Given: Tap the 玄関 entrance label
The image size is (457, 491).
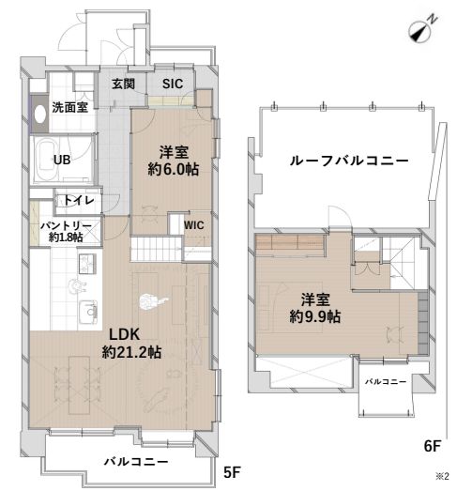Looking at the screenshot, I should (123, 84).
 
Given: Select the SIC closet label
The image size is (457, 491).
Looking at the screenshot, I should (173, 84).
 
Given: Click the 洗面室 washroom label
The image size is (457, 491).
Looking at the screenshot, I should (70, 107).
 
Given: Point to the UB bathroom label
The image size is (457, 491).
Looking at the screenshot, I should (62, 160).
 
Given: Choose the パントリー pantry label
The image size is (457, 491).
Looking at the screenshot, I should (66, 226).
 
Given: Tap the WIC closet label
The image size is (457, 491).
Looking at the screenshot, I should (193, 225).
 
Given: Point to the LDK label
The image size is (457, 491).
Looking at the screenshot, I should (125, 333).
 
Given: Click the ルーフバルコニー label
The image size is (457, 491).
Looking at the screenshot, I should (347, 161).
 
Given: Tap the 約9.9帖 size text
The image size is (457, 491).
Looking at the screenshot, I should (315, 317).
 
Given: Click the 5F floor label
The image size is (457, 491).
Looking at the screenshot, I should (233, 471).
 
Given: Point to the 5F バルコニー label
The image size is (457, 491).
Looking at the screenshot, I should (136, 462).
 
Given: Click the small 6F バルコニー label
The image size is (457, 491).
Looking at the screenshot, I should (386, 383).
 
